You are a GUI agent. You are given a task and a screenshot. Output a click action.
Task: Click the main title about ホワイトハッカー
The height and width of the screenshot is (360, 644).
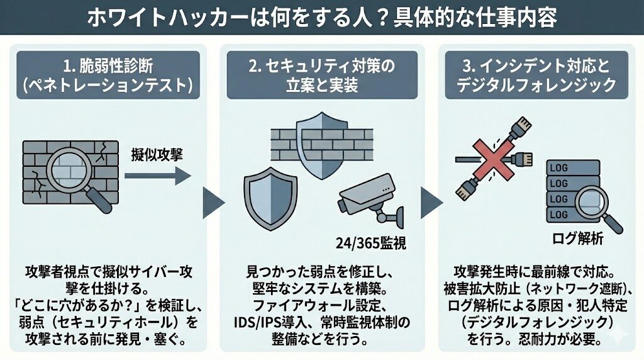(321, 18)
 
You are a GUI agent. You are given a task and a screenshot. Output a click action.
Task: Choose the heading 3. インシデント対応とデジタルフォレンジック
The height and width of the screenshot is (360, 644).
(533, 74)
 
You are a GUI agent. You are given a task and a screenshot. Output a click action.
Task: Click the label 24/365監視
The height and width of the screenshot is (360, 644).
(371, 242)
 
